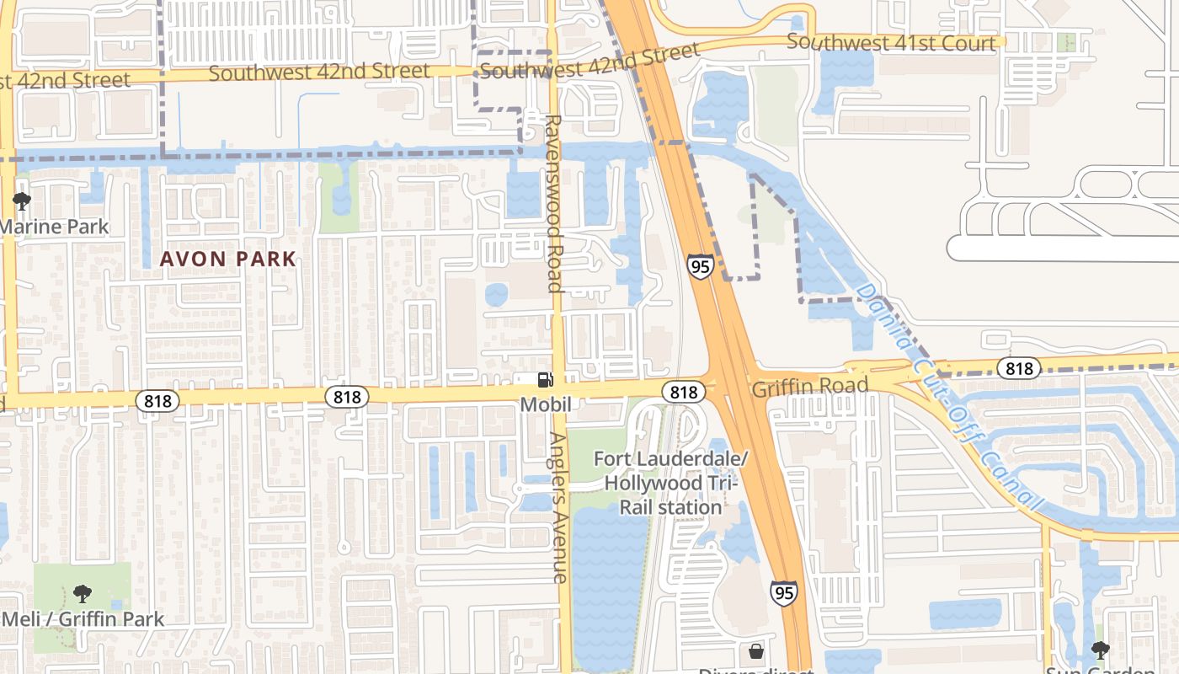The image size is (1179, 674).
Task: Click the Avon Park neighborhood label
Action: click(228, 259)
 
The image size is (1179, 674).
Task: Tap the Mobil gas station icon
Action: click(546, 380)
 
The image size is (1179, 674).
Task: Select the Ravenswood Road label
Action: click(553, 204)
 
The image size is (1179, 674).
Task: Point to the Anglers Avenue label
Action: click(558, 507)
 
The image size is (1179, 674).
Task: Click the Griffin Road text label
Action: click(809, 386)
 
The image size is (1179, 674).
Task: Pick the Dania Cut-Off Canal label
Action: click(947, 396)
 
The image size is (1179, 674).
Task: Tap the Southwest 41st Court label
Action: click(892, 42)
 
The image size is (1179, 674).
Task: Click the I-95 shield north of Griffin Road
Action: click(700, 266)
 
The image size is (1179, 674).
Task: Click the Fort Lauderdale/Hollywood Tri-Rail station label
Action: click(671, 483)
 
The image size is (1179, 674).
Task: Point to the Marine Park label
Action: click(55, 227)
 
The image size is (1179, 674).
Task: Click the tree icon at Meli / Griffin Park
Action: click(82, 594)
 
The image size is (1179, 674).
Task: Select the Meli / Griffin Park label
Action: click(83, 619)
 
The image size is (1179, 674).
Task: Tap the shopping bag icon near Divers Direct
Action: click(756, 650)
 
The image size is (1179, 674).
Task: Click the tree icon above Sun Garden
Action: click(1100, 650)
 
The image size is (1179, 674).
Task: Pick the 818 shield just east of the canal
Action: click(1019, 368)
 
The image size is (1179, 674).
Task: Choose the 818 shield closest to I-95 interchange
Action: click(684, 392)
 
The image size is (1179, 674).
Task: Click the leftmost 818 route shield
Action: click(157, 400)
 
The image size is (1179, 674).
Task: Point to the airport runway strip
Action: click(1061, 249)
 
